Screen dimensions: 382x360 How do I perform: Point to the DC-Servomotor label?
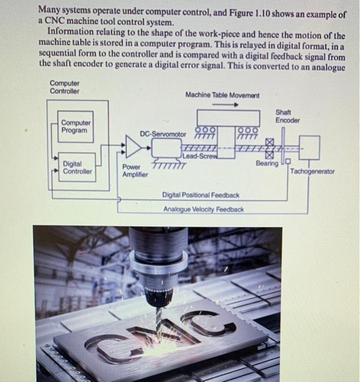[163, 134]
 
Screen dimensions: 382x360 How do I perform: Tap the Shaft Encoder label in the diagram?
[287, 116]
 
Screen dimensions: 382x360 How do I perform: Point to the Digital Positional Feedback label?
[201, 195]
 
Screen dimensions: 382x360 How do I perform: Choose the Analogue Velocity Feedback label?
[203, 209]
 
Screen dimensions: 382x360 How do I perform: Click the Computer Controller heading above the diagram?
[64, 87]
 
